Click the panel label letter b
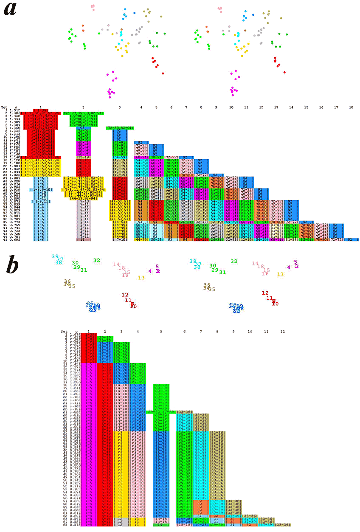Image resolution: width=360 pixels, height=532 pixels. click(13, 266)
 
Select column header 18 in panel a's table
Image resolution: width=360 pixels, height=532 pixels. click(351, 108)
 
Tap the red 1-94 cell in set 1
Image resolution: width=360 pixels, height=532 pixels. click(40, 110)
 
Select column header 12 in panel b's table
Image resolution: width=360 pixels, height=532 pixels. click(282, 331)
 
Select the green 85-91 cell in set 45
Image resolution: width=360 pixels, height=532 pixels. click(305, 240)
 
